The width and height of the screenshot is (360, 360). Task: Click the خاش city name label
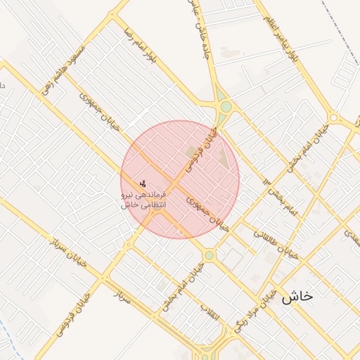click(297, 297)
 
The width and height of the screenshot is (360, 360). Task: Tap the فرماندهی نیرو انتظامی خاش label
click(143, 199)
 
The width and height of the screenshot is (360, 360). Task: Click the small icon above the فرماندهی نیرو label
click(143, 183)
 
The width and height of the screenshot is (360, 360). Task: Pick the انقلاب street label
click(210, 315)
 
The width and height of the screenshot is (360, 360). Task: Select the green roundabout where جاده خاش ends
click(226, 108)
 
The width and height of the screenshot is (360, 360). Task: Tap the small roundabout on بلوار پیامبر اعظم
click(334, 117)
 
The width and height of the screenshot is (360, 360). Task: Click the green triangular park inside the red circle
click(222, 156)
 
